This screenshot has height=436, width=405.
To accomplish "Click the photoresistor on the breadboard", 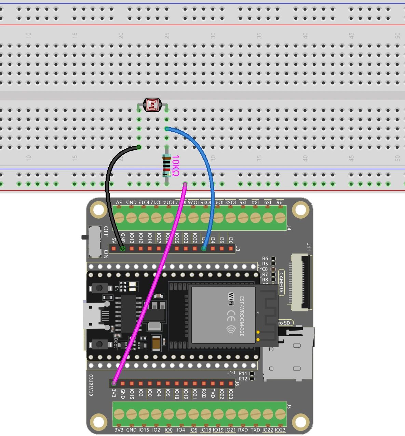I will click(x=152, y=105).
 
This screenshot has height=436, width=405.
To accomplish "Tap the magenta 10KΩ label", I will click(x=175, y=165).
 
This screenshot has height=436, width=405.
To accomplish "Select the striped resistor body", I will click(x=166, y=165).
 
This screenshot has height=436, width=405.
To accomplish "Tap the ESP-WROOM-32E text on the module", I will click(x=242, y=316).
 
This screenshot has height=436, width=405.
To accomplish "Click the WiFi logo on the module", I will click(x=231, y=299).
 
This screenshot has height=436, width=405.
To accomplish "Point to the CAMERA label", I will click(x=281, y=283).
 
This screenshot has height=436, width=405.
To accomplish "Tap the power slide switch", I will click(x=94, y=241).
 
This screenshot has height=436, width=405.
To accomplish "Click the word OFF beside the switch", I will click(x=106, y=231).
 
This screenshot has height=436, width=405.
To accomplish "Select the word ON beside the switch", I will click(x=106, y=254).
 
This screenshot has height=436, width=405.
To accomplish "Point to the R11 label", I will click(x=243, y=374).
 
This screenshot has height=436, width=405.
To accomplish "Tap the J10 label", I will click(x=231, y=373).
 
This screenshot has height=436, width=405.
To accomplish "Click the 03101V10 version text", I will click(x=91, y=385).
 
